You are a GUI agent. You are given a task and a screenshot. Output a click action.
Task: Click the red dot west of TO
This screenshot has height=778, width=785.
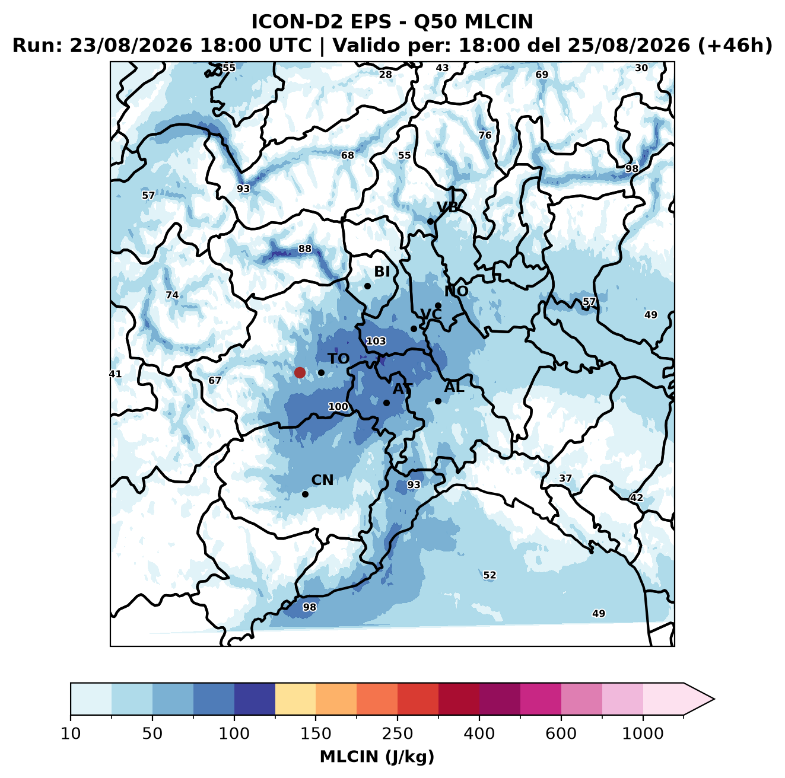pos(300,372)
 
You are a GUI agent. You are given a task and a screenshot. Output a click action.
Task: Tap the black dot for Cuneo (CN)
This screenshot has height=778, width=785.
pos(305,494)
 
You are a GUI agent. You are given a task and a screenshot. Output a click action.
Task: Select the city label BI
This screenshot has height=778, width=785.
pos(382,272)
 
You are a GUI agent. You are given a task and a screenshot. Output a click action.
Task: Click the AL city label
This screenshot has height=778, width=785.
pos(454,387)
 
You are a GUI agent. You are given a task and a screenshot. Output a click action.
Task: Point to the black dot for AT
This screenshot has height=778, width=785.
pos(386,403)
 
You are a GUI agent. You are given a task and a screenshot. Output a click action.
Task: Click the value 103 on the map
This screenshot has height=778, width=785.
pos(376,341)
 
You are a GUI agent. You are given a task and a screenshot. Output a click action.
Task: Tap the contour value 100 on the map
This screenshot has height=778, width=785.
pos(338,406)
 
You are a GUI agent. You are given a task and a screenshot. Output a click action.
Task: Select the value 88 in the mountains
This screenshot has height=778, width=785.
pos(305,248)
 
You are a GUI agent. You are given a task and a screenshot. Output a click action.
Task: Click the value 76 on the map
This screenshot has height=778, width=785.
pos(485,135)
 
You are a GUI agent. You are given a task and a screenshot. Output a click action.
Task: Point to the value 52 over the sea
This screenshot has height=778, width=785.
pos(490,575)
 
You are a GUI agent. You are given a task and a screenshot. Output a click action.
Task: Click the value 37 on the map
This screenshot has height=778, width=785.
pos(565,478)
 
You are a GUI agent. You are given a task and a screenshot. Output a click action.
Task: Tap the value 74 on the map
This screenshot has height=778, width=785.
pos(172,295)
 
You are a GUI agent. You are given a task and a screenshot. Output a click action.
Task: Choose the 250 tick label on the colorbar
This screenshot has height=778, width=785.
pos(397,734)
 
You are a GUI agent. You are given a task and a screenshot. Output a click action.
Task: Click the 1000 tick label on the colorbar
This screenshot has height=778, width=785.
pos(643,734)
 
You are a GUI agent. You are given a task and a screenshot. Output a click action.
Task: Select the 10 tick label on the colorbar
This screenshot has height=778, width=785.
pos(71,734)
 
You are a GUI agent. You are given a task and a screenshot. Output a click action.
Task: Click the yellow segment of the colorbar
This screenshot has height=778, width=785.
pos(295,699)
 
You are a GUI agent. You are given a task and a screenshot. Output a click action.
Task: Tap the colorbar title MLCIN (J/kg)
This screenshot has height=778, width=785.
pos(377,757)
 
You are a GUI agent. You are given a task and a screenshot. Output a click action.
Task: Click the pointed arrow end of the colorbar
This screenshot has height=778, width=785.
pos(714,699)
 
